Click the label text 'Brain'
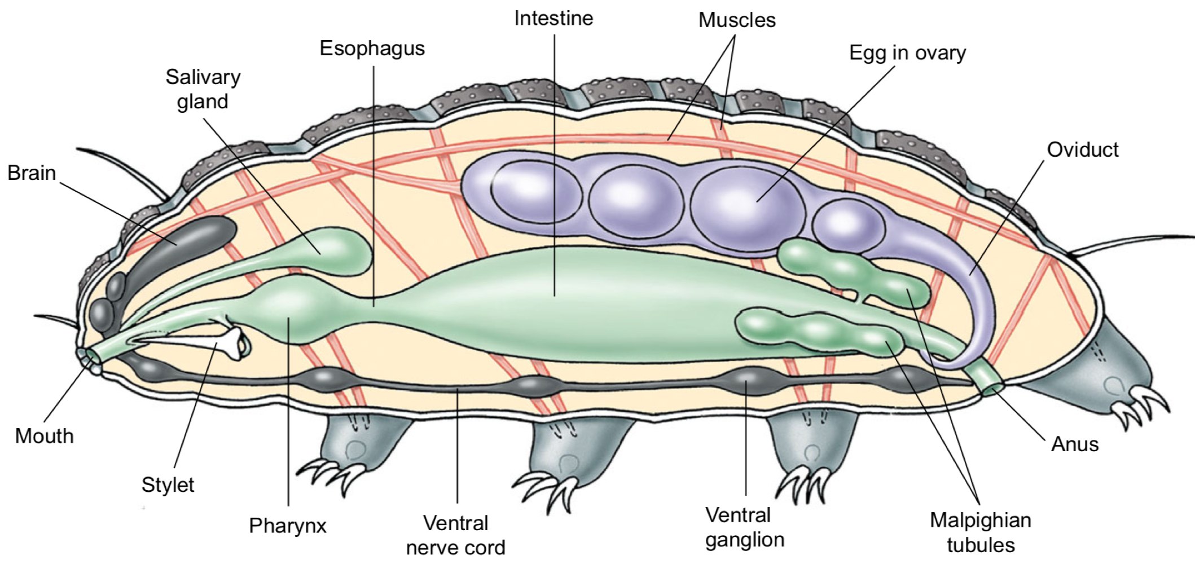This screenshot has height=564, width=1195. (32, 173)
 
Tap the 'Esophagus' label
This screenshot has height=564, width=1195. (372, 49)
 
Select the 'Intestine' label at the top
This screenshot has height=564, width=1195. (553, 19)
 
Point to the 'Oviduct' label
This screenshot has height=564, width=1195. (1082, 149)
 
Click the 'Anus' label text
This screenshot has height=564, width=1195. (1074, 444)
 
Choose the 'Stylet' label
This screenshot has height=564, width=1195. (168, 484)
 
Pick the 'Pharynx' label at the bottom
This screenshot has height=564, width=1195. (288, 526)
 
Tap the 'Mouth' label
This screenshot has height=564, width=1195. (44, 436)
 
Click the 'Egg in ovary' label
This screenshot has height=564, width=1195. (907, 53)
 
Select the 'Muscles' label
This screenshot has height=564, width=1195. (737, 20)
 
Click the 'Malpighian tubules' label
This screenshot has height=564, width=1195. (980, 532)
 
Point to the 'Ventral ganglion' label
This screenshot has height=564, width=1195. (744, 527)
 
